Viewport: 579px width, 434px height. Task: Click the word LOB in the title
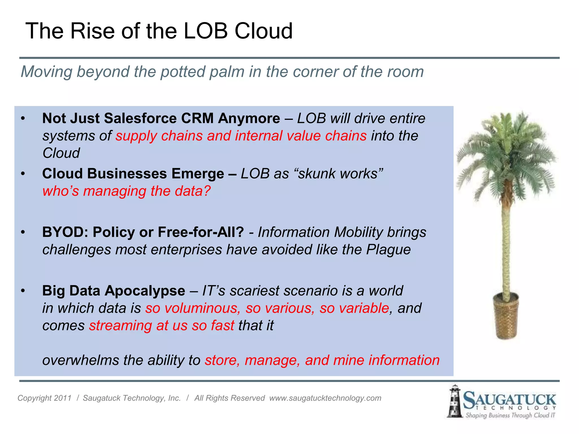[x=206, y=31]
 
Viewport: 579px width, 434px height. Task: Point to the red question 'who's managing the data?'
[x=127, y=191]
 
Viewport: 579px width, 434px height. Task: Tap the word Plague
[x=388, y=250]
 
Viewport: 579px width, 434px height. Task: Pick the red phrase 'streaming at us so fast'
[x=162, y=325]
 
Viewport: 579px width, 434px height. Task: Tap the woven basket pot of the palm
[x=506, y=316]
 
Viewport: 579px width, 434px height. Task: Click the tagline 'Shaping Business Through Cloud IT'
[x=510, y=415]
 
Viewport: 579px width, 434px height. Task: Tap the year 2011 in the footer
[x=62, y=398]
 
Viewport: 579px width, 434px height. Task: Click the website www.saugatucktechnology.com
[x=325, y=398]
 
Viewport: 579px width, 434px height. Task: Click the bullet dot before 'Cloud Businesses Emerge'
[x=23, y=174]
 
